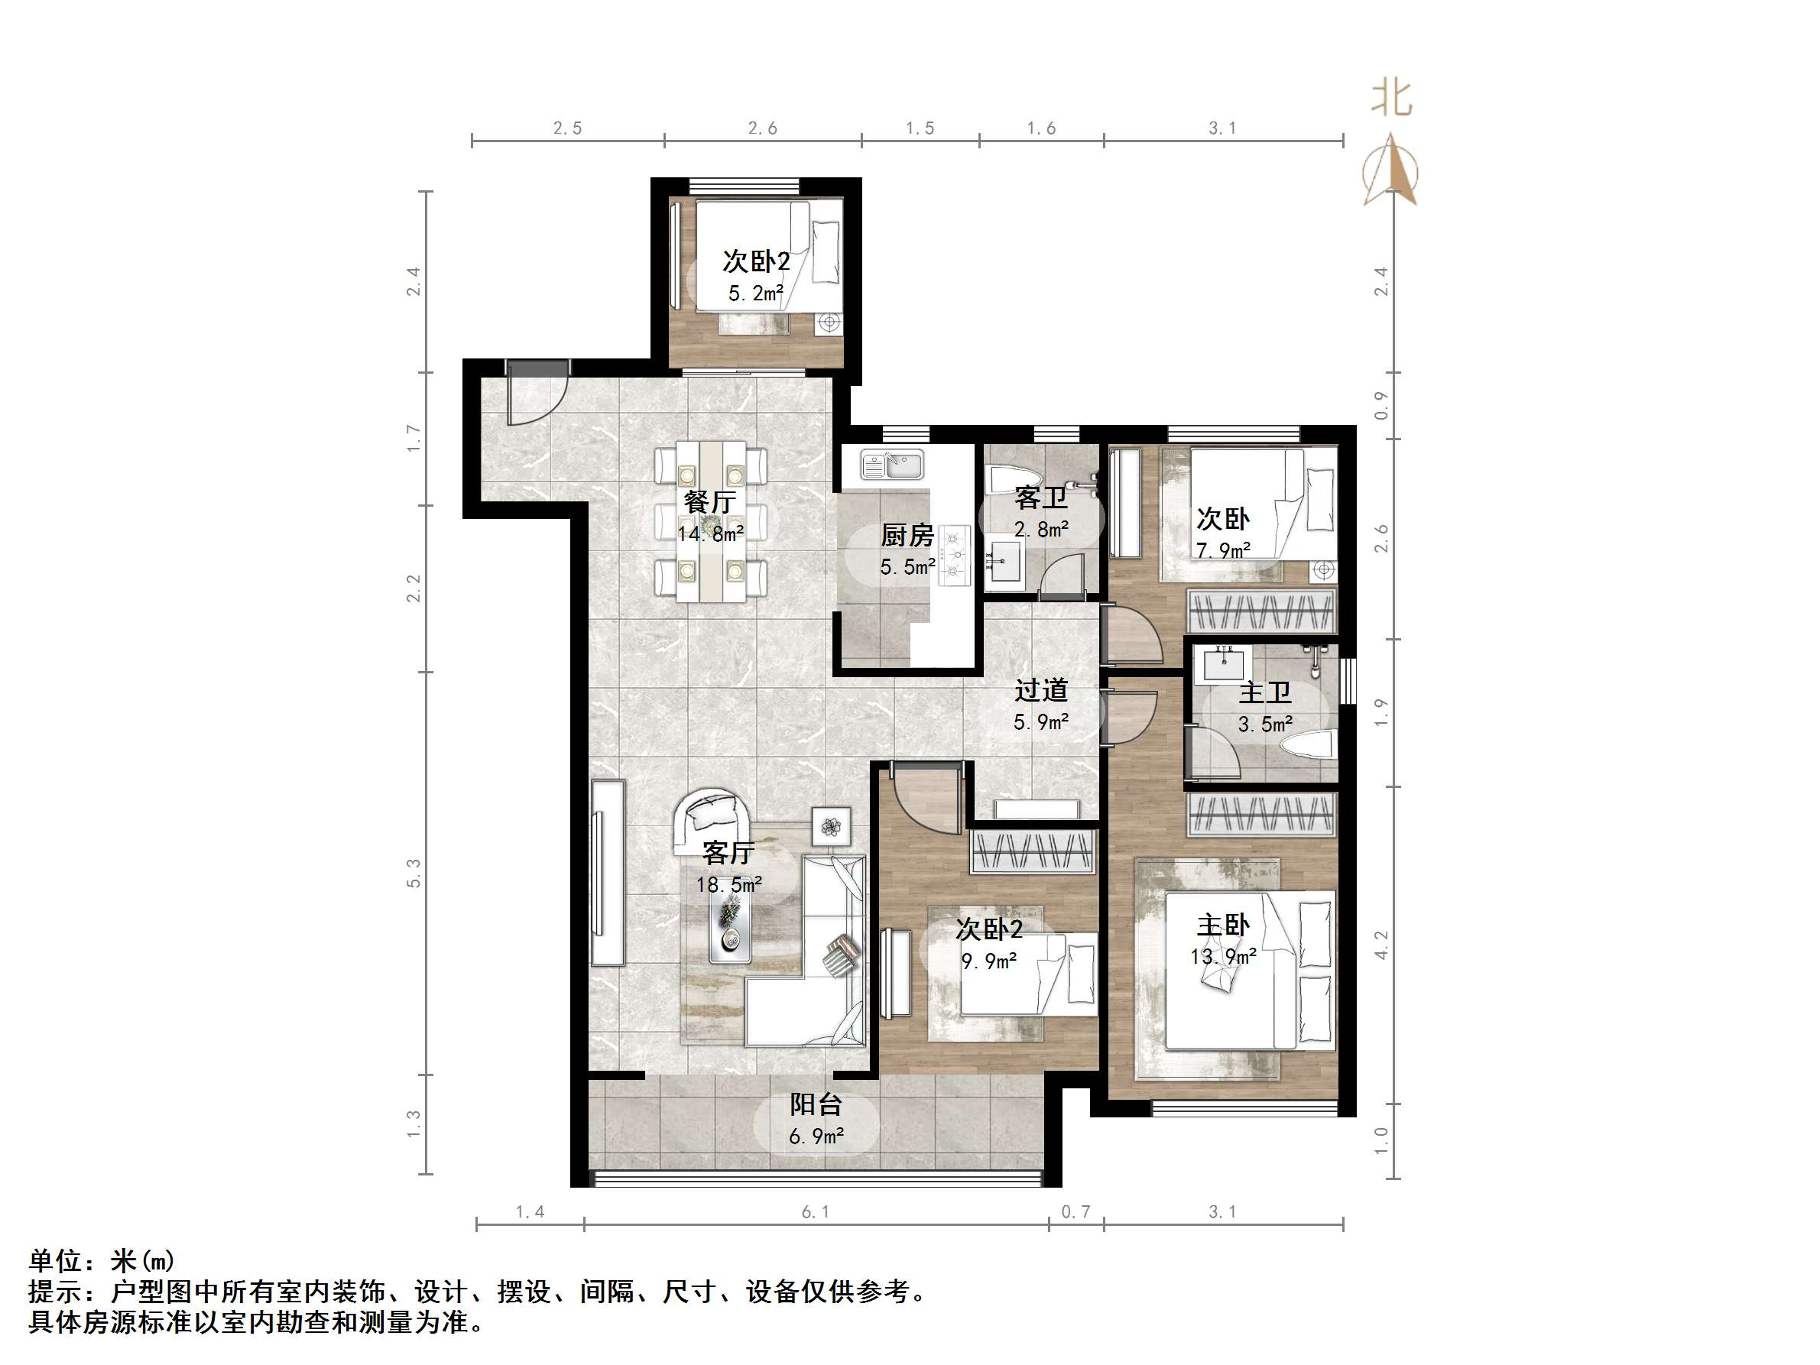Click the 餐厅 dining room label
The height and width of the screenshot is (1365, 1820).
[x=709, y=501]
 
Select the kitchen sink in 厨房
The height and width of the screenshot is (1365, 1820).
[x=892, y=465]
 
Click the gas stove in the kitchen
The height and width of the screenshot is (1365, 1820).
[x=955, y=556]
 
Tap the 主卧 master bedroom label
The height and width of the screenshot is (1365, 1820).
[x=1223, y=925]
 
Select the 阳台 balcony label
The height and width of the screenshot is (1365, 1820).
[x=816, y=1104]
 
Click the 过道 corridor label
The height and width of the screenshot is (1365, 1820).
[x=1041, y=689]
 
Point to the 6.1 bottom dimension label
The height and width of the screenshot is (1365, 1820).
[x=816, y=1211]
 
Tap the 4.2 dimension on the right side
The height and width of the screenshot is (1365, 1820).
[x=1381, y=945]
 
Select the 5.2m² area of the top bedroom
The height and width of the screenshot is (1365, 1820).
[x=755, y=293]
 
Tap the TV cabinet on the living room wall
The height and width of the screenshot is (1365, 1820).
[x=607, y=873]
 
